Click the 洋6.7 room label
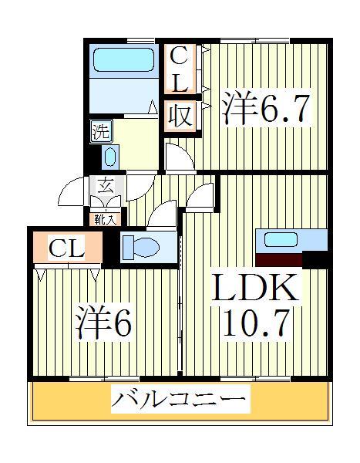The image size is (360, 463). click(x=266, y=109)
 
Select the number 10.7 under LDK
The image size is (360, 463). click(x=255, y=323)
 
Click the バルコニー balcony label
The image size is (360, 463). click(x=182, y=400)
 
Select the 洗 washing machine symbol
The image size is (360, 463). click(x=100, y=129)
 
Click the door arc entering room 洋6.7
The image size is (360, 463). click(x=180, y=157)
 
